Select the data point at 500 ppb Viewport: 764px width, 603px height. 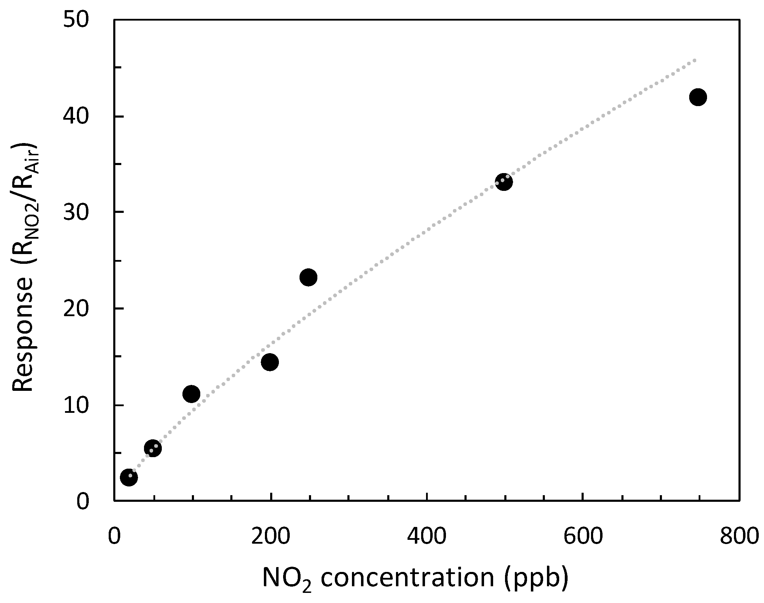pyautogui.click(x=504, y=182)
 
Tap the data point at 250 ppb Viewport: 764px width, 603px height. pyautogui.click(x=308, y=277)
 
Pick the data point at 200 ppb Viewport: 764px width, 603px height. pyautogui.click(x=270, y=362)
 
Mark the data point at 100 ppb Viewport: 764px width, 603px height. pyautogui.click(x=191, y=394)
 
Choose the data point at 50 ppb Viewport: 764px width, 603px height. pyautogui.click(x=153, y=448)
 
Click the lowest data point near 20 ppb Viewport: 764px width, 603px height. pyautogui.click(x=129, y=478)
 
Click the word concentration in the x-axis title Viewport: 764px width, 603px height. pyautogui.click(x=407, y=578)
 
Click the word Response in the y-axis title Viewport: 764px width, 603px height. pyautogui.click(x=23, y=334)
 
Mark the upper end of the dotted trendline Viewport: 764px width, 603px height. pyautogui.click(x=695, y=60)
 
